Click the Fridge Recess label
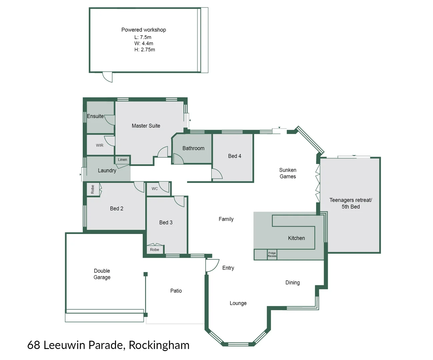(272, 254)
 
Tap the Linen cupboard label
(122, 160)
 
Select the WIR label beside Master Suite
(100, 145)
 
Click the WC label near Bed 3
(155, 189)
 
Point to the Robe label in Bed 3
(154, 250)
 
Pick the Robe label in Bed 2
(93, 189)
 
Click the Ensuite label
(95, 116)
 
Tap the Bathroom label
(193, 148)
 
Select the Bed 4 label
(235, 156)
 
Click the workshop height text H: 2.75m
(145, 50)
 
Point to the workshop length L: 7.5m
(143, 37)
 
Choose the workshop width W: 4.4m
(144, 43)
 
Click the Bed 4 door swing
(216, 174)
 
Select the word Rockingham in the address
(159, 345)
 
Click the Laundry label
(107, 171)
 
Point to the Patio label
(176, 291)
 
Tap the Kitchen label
(296, 238)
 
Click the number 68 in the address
(34, 345)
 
